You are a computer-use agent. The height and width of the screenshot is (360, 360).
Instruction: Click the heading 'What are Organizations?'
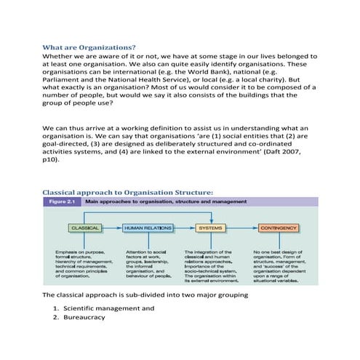[x=89, y=47]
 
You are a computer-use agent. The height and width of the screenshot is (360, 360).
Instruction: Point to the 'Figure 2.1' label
[x=62, y=201]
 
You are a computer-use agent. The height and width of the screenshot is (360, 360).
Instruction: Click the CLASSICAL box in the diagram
[x=84, y=228]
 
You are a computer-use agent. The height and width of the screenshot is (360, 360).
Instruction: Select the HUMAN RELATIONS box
[x=148, y=228]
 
